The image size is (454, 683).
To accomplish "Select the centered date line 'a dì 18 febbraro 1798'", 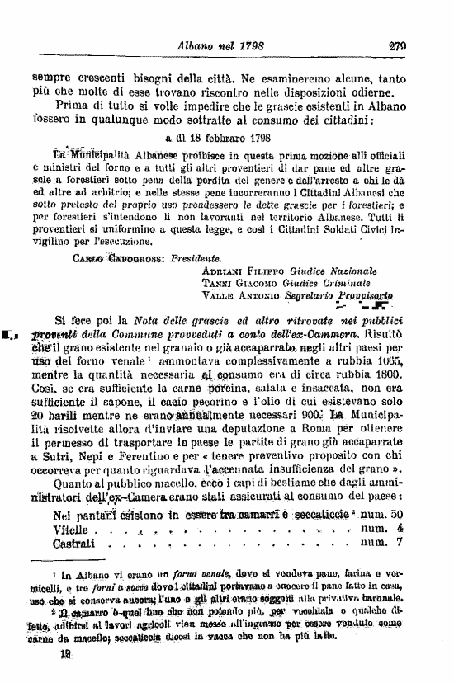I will click(x=226, y=138).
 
